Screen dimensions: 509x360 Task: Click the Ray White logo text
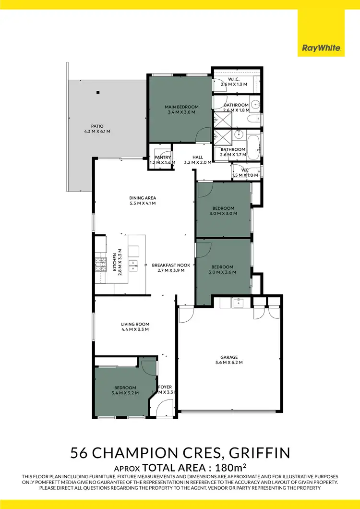pyautogui.click(x=321, y=48)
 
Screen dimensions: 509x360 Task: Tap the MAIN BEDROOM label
pyautogui.click(x=181, y=107)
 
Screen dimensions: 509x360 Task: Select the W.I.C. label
pyautogui.click(x=234, y=79)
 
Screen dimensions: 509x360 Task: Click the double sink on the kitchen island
pyautogui.click(x=134, y=264)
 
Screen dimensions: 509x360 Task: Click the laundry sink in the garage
pyautogui.click(x=239, y=303)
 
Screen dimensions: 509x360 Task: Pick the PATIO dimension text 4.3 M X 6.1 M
pyautogui.click(x=97, y=131)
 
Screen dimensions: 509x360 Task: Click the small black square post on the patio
pyautogui.click(x=97, y=92)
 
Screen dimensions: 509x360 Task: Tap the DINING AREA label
pyautogui.click(x=143, y=198)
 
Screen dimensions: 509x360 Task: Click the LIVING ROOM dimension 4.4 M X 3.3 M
pyautogui.click(x=135, y=330)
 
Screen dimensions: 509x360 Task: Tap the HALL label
pyautogui.click(x=197, y=157)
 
